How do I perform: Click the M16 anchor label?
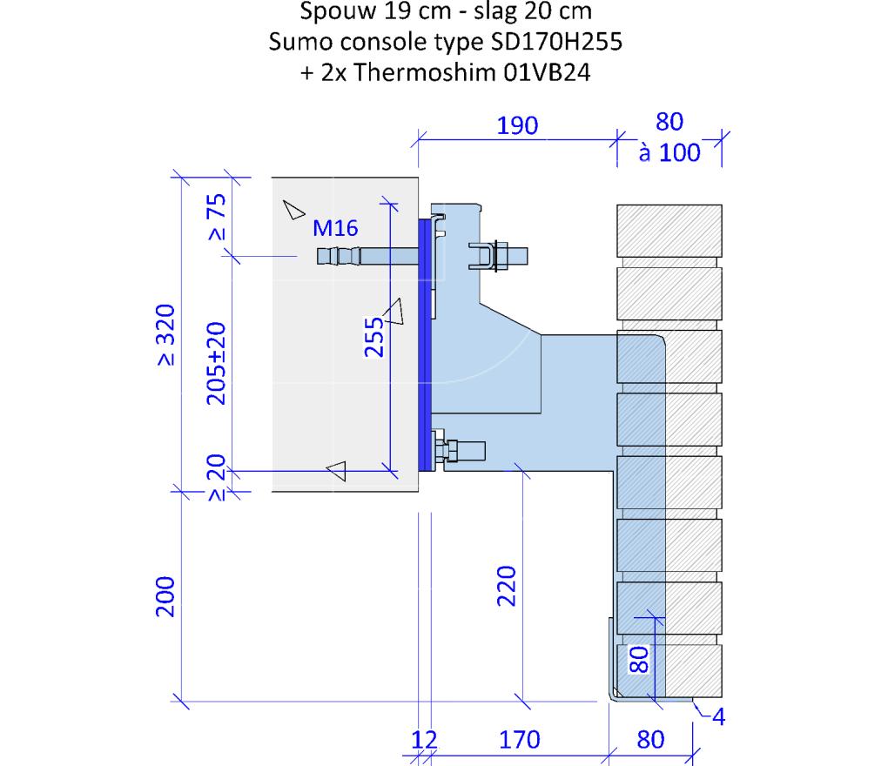[x=335, y=228]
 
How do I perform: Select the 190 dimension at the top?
[x=517, y=125]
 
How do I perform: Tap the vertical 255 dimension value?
[x=373, y=337]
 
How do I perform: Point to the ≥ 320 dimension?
[x=165, y=334]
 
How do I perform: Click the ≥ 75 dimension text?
[x=216, y=217]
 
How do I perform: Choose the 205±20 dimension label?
[x=216, y=364]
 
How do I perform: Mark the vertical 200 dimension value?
[x=165, y=597]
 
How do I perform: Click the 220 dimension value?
[x=507, y=586]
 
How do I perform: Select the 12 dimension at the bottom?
[x=424, y=740]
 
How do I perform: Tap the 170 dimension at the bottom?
[x=520, y=740]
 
